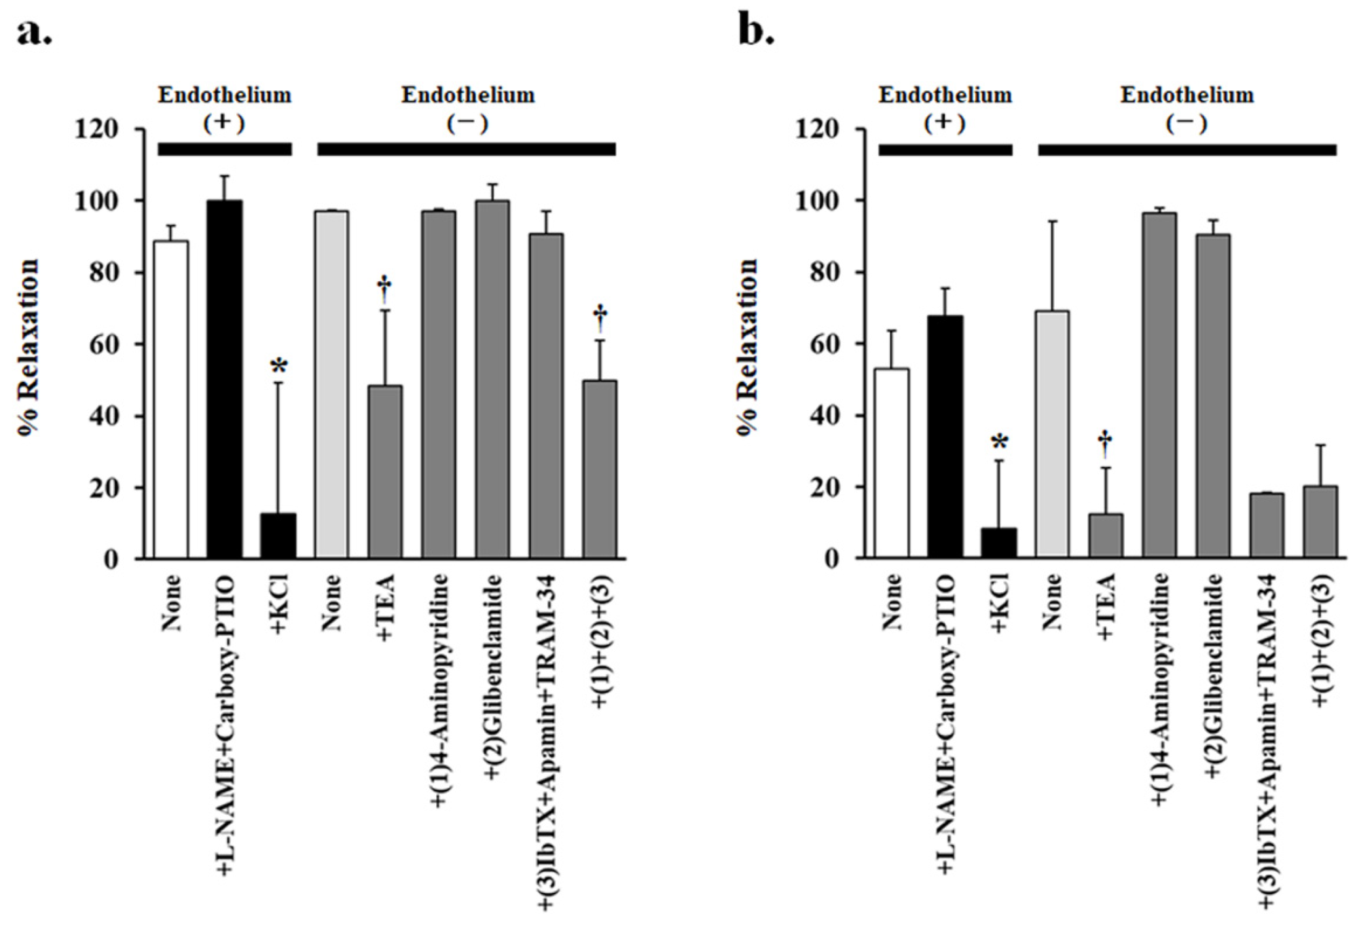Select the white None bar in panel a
171,399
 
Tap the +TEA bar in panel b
1105,536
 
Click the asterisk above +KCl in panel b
1001,443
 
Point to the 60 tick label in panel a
104,345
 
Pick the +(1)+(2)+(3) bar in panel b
1320,522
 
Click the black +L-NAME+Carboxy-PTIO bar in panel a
225,379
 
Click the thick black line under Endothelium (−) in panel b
1187,150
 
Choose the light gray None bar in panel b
1052,435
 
